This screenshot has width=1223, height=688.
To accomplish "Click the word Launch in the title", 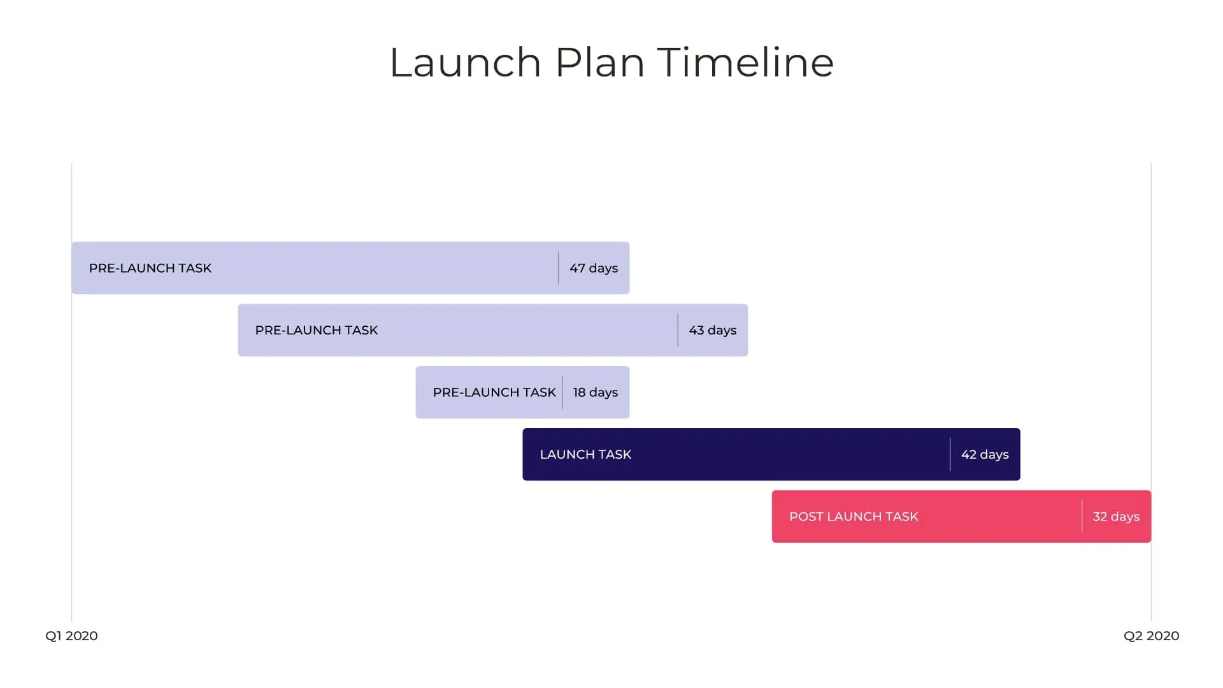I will click(465, 62).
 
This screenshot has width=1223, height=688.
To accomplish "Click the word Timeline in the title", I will click(745, 62).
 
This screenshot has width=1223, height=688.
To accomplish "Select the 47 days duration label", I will click(594, 268).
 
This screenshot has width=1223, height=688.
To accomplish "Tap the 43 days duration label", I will click(712, 330).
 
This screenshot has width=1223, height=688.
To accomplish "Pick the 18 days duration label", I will click(595, 392).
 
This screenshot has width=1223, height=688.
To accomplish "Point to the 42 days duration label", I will click(985, 454).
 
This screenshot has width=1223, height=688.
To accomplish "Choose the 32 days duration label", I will click(1116, 517).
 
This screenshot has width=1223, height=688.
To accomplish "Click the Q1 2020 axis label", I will click(71, 636).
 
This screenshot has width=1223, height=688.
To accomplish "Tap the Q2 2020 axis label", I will click(1151, 636).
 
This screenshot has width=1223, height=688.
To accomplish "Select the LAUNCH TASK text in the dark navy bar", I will click(585, 454).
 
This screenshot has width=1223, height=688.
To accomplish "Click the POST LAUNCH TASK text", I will click(854, 517).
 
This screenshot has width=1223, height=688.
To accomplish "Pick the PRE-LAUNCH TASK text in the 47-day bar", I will click(150, 268).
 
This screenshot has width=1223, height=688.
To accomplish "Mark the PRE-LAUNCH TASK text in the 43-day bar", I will click(317, 330).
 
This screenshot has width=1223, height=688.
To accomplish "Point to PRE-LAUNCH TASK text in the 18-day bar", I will click(494, 392).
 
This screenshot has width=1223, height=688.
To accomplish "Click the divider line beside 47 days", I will click(559, 268).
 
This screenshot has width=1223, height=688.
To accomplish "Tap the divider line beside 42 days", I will click(950, 454).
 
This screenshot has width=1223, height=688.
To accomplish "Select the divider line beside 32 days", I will click(1082, 516).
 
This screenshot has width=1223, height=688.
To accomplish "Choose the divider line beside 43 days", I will click(678, 330).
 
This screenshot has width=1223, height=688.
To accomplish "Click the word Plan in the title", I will click(599, 62).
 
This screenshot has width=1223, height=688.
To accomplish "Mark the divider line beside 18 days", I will click(562, 392).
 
